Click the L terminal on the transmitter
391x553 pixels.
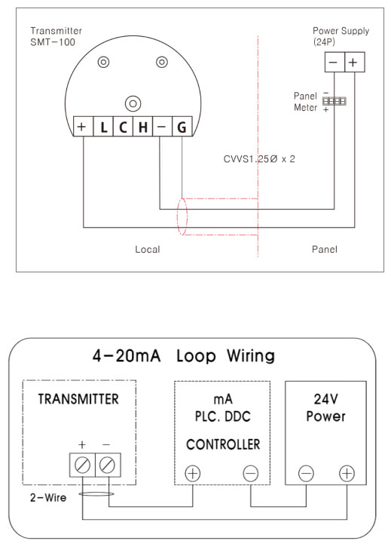[103, 126]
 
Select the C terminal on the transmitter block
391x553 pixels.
[123, 126]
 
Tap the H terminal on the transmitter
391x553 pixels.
[142, 126]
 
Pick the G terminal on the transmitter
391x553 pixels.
[182, 126]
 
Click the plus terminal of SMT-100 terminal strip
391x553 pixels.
[83, 126]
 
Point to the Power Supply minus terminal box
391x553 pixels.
[334, 62]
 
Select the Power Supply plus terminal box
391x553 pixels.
[354, 62]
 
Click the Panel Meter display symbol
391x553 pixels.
[334, 101]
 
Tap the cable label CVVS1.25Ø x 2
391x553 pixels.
[259, 159]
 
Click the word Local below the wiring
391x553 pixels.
[148, 250]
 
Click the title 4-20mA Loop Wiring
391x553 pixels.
[184, 355]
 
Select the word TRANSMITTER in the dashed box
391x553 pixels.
[78, 399]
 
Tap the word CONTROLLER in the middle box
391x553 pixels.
[223, 444]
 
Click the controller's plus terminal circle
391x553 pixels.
[193, 473]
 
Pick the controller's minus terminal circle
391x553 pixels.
[251, 473]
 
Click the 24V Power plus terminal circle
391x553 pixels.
[347, 473]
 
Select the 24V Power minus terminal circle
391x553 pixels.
[306, 473]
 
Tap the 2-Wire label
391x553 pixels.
[48, 498]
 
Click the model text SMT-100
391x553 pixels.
[53, 42]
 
